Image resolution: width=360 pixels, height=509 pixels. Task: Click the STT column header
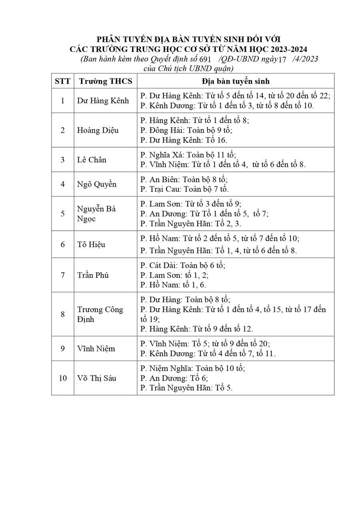[62, 81]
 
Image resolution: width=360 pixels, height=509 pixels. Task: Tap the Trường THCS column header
[105, 81]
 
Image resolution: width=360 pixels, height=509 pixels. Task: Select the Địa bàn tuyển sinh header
[235, 81]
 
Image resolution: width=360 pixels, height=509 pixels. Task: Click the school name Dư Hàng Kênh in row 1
[103, 101]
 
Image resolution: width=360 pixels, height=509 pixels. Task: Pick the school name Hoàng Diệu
[98, 130]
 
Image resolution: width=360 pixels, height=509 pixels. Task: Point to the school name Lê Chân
[92, 160]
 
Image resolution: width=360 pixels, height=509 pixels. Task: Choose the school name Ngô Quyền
[97, 184]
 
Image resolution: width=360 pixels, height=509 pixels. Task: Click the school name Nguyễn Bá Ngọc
[96, 214]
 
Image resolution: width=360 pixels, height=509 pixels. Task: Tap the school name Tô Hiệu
[91, 244]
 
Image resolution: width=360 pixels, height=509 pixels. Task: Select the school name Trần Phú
[93, 275]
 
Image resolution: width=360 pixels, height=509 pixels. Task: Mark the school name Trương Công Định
[100, 314]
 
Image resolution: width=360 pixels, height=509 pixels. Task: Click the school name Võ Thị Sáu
[97, 378]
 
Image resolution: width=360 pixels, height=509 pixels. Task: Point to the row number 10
[62, 378]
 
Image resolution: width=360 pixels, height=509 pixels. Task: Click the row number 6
[62, 244]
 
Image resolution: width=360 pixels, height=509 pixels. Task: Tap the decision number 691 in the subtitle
[204, 59]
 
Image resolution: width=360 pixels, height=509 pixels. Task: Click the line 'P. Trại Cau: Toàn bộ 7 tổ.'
[184, 189]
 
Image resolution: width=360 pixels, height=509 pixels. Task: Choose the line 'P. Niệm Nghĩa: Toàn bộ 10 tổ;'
[192, 368]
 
